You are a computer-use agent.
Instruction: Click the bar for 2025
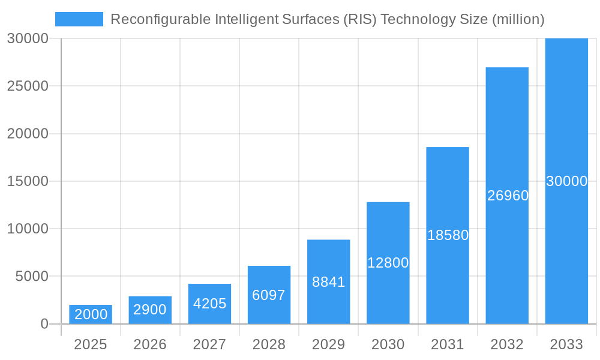(91, 314)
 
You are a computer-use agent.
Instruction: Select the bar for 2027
(209, 304)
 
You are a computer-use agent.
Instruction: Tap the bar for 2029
(328, 281)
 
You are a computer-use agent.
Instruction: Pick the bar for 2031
(448, 235)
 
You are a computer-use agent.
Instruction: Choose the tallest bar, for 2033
(566, 181)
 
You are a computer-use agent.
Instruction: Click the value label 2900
(150, 310)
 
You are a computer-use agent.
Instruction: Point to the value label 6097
(269, 295)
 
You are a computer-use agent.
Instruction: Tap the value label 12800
(388, 263)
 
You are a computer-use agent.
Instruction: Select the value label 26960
(508, 196)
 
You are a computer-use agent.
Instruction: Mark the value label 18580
(448, 235)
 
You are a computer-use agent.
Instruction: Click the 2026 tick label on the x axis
(150, 344)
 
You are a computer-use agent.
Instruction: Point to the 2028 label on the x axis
(269, 344)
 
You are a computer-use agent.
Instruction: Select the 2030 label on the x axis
(388, 344)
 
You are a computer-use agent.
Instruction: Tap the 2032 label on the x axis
(507, 344)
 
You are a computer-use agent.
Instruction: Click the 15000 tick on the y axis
(28, 181)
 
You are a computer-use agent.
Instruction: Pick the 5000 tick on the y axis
(31, 277)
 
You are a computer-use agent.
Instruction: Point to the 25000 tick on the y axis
(28, 86)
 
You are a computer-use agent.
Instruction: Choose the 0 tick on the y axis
(44, 324)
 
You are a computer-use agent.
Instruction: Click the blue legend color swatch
(79, 19)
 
